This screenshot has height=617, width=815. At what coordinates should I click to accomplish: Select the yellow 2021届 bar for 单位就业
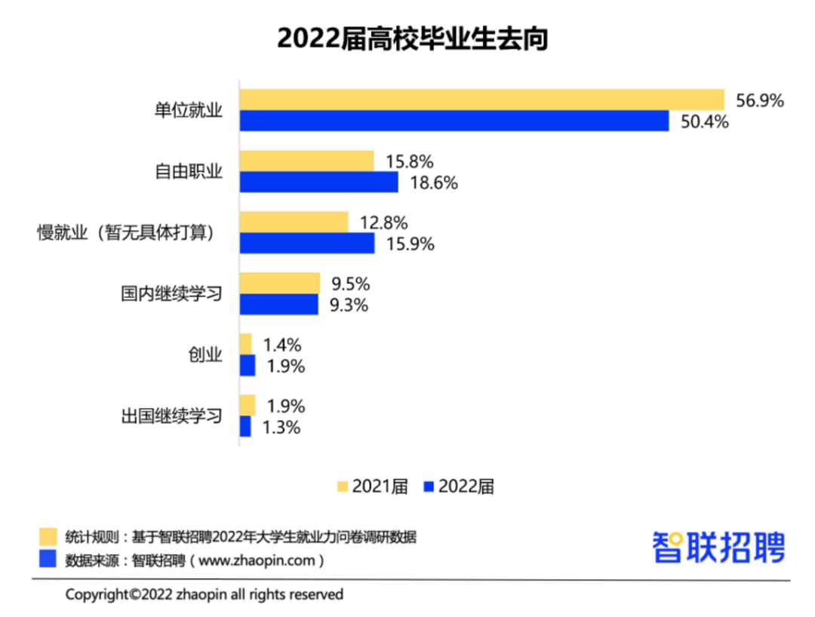(x=481, y=100)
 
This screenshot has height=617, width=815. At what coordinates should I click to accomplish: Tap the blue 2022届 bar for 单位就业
(x=454, y=121)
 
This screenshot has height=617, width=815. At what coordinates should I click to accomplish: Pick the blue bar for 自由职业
(x=319, y=182)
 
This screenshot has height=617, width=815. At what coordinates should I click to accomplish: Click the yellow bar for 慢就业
(x=294, y=222)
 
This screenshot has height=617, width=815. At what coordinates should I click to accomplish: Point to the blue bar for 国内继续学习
(x=279, y=304)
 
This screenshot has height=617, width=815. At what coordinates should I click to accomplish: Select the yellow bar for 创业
(x=246, y=345)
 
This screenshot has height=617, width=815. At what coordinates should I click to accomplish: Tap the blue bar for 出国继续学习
(x=245, y=427)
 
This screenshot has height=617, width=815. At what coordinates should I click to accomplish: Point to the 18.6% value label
(x=432, y=183)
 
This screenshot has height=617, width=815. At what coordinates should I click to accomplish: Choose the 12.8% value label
(x=383, y=223)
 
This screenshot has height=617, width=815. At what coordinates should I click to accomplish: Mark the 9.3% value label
(x=349, y=305)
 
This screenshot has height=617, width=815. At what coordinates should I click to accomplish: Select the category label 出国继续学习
(x=172, y=416)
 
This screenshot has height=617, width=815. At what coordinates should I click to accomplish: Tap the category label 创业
(x=205, y=355)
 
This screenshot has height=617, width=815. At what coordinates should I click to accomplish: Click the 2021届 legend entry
(x=372, y=487)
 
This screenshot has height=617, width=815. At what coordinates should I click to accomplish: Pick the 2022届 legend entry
(x=458, y=487)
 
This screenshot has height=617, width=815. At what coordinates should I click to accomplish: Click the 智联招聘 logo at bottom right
(x=718, y=545)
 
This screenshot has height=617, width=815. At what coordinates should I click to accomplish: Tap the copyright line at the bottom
(x=204, y=594)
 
